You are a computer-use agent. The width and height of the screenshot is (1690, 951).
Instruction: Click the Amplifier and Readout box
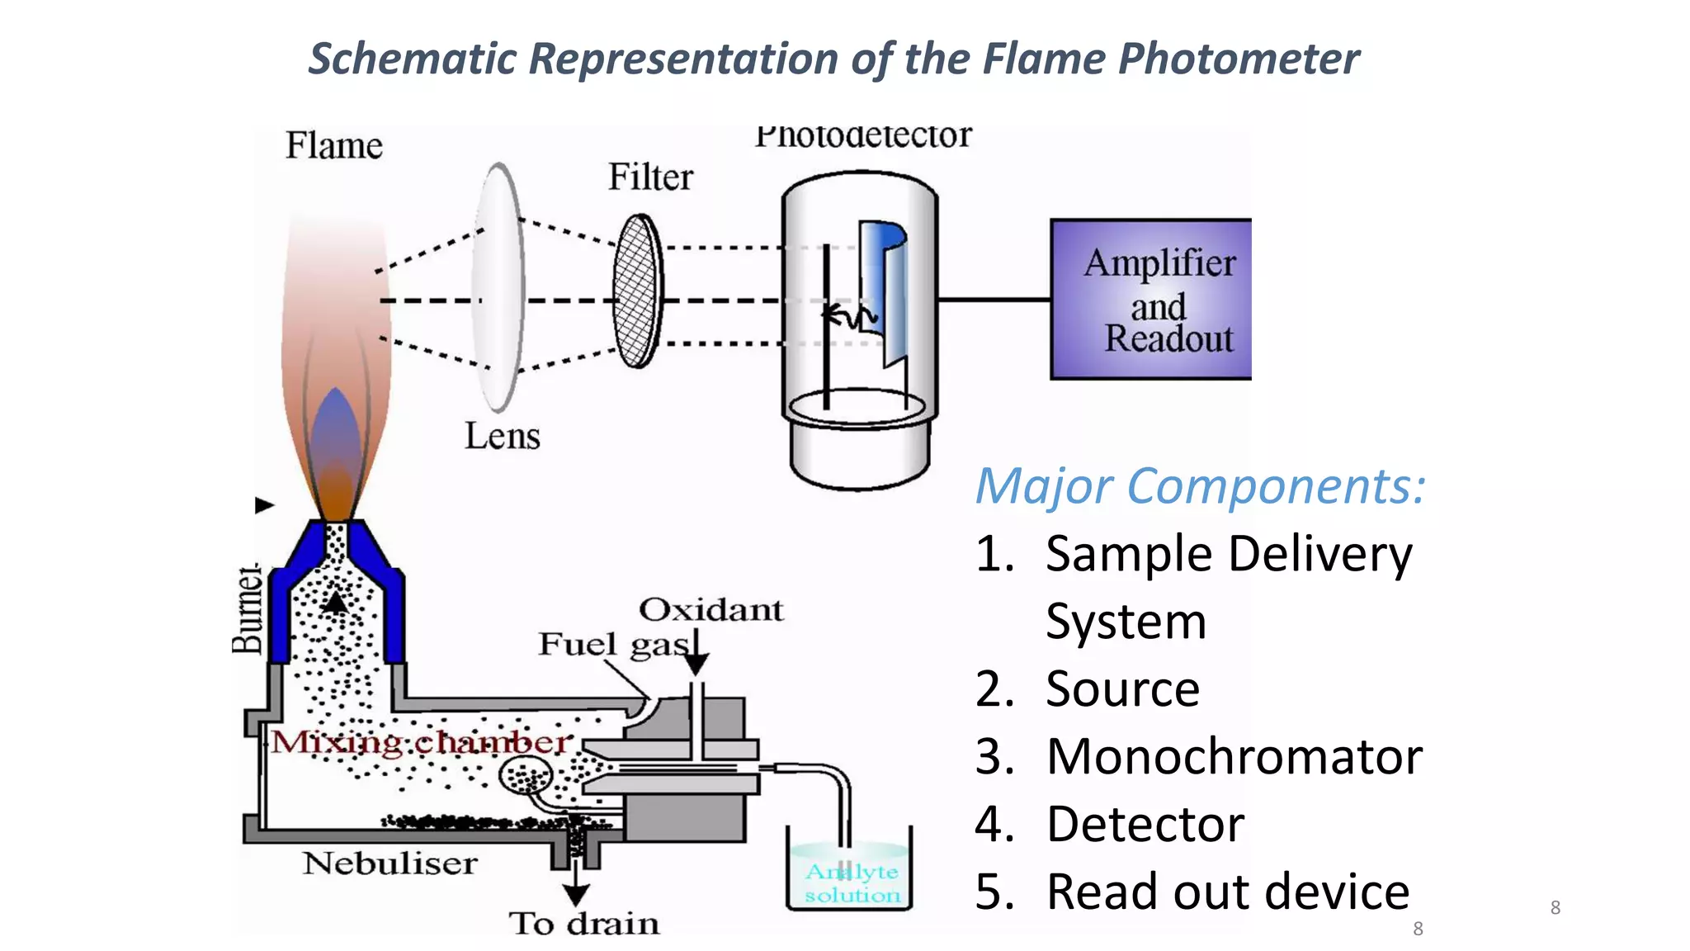(x=1150, y=299)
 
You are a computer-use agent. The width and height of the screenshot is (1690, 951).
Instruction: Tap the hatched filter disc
(x=638, y=291)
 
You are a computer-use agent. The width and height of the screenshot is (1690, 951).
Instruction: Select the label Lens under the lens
(x=502, y=436)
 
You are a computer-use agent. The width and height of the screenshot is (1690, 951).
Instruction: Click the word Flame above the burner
(x=334, y=146)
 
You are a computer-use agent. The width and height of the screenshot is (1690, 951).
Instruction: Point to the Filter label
(x=650, y=177)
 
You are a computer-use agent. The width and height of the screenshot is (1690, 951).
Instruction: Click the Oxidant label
(x=710, y=610)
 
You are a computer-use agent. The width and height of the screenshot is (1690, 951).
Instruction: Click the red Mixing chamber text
(x=421, y=742)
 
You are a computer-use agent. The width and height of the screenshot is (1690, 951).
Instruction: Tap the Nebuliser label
(x=389, y=863)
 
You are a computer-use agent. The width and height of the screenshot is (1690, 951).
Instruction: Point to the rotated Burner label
(x=247, y=609)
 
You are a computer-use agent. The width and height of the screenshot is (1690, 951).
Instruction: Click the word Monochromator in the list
(x=1234, y=756)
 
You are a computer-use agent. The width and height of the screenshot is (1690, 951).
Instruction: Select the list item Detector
(x=1145, y=824)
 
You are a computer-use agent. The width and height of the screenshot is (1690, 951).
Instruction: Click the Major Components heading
(x=1200, y=486)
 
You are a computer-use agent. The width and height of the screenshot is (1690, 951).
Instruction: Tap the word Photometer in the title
(x=1238, y=59)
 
